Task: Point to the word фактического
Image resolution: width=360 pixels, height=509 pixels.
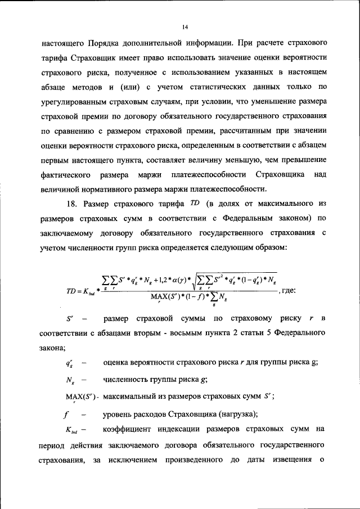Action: click(66, 174)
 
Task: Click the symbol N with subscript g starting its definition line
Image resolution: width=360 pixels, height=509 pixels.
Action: click(70, 380)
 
